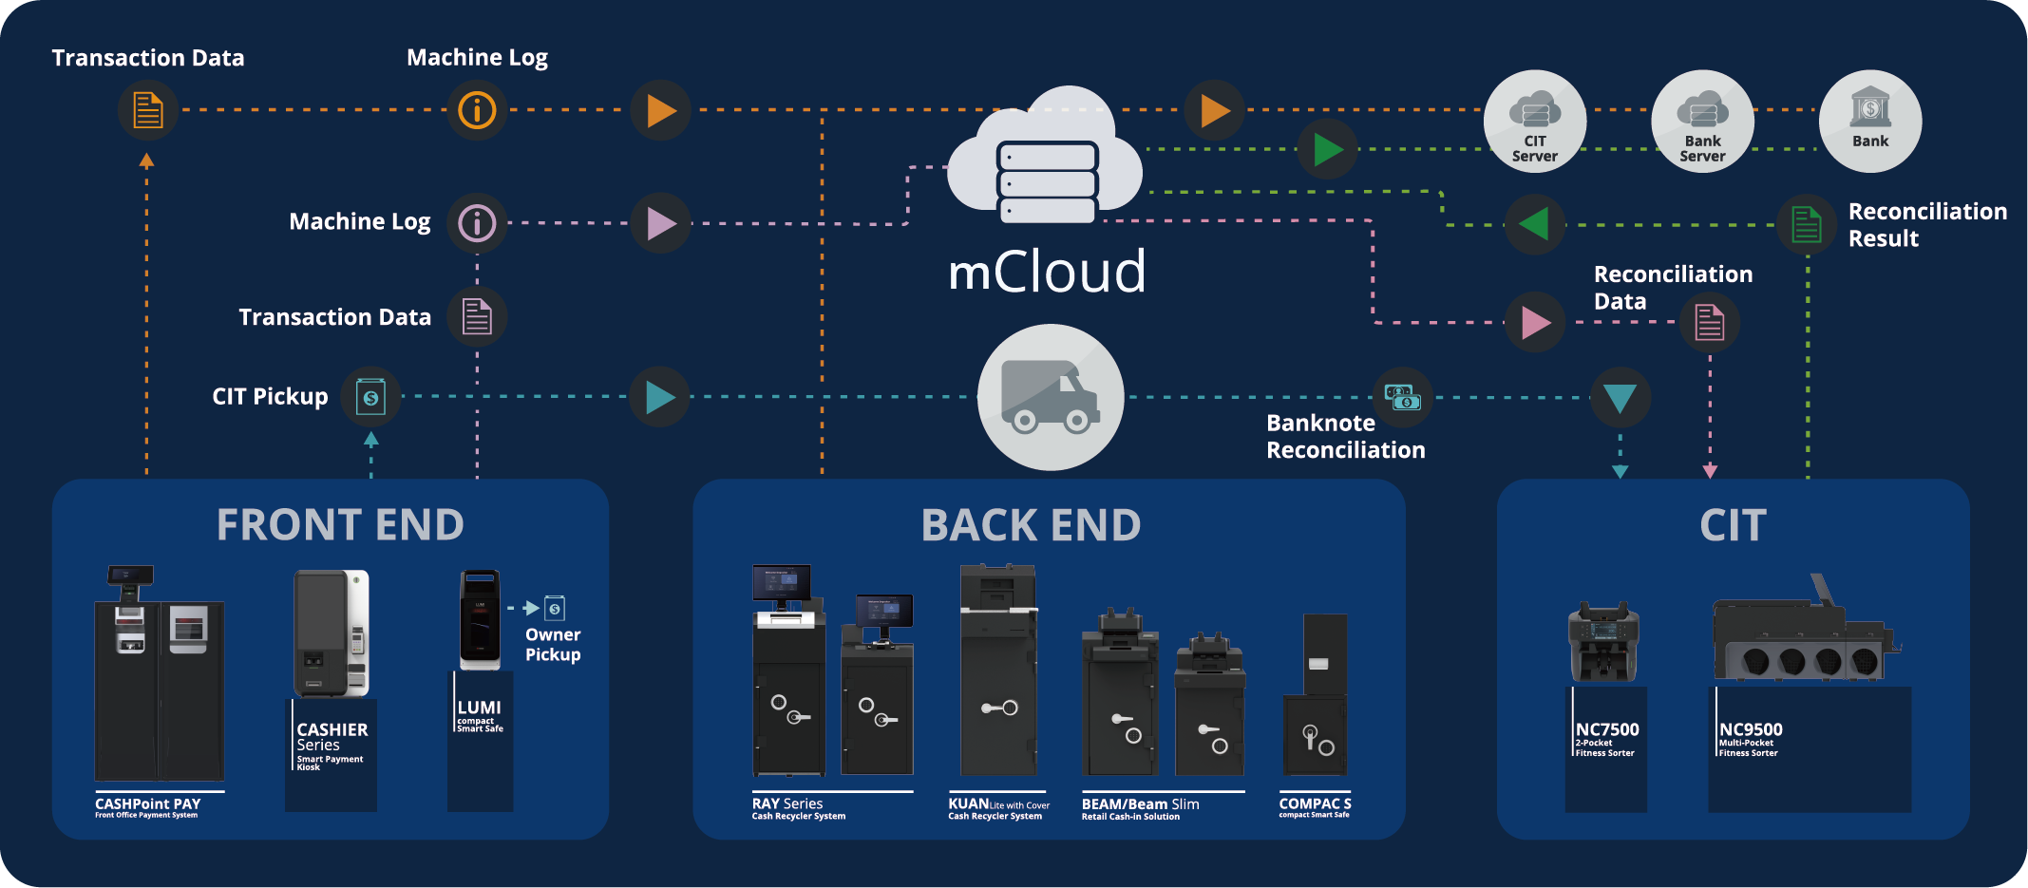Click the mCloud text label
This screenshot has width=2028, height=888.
(x=1047, y=272)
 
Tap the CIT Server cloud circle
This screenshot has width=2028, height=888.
(x=1535, y=122)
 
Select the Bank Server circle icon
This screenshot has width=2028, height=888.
(x=1702, y=122)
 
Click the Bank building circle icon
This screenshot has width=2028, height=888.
(x=1870, y=122)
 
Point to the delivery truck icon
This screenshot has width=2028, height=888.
(x=1051, y=397)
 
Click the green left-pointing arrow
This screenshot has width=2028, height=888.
(x=1534, y=224)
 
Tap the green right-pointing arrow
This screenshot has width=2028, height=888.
(x=1328, y=149)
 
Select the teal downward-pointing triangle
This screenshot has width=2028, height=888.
(x=1620, y=397)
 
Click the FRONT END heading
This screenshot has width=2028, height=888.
(x=340, y=525)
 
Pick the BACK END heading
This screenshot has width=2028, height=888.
(x=1031, y=525)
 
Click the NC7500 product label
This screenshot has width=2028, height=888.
(x=1607, y=729)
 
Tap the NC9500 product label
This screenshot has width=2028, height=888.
(x=1751, y=729)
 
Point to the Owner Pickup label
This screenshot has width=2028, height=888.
(x=553, y=645)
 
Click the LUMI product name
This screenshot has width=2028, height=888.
(x=479, y=708)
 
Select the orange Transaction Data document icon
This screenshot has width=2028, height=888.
(x=147, y=110)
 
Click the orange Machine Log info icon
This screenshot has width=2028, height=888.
(x=477, y=110)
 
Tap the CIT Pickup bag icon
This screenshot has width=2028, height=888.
(x=370, y=397)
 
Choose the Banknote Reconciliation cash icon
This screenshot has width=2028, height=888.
(x=1402, y=397)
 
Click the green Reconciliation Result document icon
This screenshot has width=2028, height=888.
(x=1806, y=225)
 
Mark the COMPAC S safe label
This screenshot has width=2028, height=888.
(x=1315, y=804)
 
